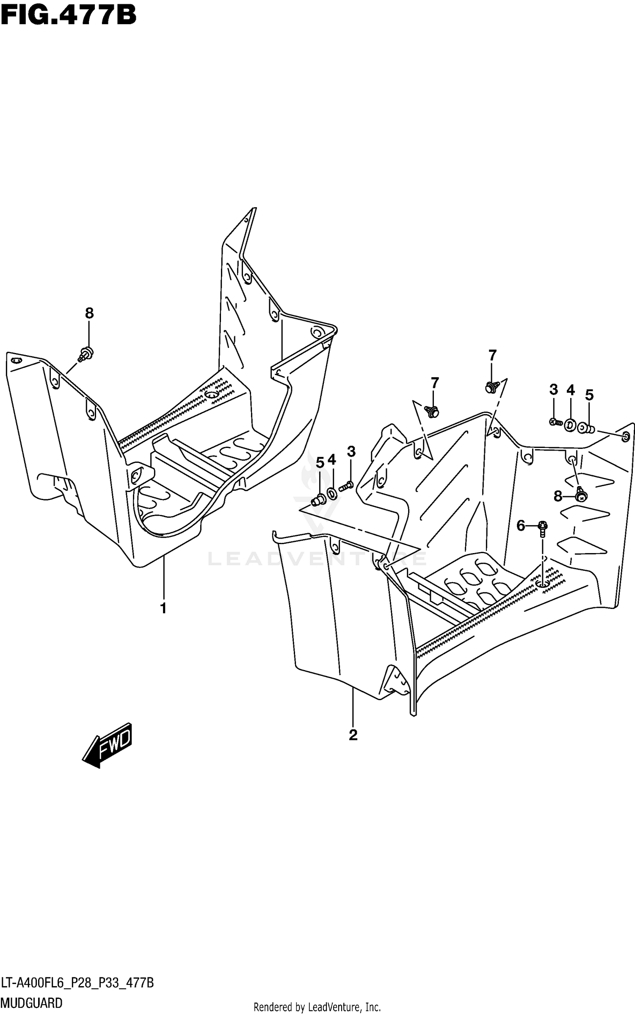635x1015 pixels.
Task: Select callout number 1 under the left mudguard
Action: (x=163, y=608)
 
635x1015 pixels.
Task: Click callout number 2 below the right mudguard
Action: (x=353, y=735)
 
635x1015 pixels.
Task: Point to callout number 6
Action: (x=520, y=526)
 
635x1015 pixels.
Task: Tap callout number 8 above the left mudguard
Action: (x=89, y=313)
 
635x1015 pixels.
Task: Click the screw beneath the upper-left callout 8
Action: (x=86, y=353)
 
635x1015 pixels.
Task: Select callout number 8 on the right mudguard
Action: (x=558, y=495)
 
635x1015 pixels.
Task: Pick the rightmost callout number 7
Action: (x=492, y=355)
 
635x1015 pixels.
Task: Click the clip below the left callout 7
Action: (x=432, y=410)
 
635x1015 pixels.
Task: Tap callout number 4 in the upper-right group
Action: (x=571, y=390)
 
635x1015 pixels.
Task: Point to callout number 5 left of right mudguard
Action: (x=320, y=463)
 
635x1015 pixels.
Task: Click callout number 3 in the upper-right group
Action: (x=554, y=390)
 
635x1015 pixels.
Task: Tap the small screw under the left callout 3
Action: (x=347, y=486)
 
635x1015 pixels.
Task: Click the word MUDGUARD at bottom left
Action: (x=32, y=1003)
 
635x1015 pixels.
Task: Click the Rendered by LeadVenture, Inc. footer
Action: (x=317, y=1004)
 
